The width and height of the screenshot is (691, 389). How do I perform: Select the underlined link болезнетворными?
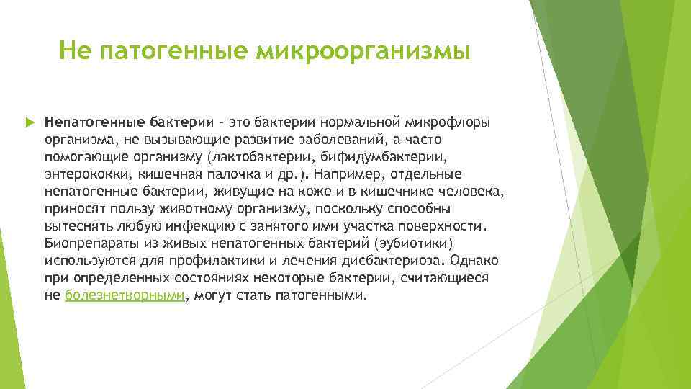coord(125,295)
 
